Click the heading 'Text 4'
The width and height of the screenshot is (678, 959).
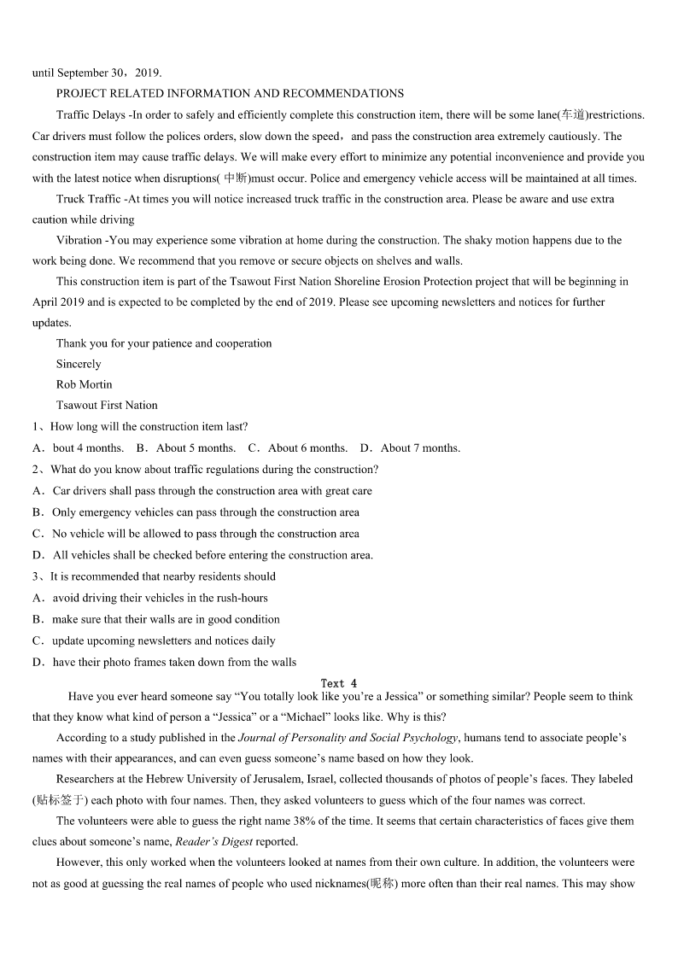[x=339, y=683]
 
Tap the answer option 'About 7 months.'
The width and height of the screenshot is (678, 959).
[x=419, y=447]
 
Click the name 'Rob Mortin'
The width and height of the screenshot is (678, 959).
[x=84, y=384]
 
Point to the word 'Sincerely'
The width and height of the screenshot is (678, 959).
[x=79, y=364]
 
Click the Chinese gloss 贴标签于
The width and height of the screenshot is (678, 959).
[x=60, y=800]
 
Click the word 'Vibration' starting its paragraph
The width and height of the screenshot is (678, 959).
[x=79, y=240]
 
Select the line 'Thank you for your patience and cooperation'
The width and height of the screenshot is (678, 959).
[x=164, y=343]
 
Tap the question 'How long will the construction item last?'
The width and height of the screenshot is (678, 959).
[x=149, y=426]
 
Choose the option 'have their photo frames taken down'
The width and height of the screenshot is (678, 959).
[x=174, y=662]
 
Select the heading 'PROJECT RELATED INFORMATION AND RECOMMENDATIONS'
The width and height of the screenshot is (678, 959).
[x=230, y=93]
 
